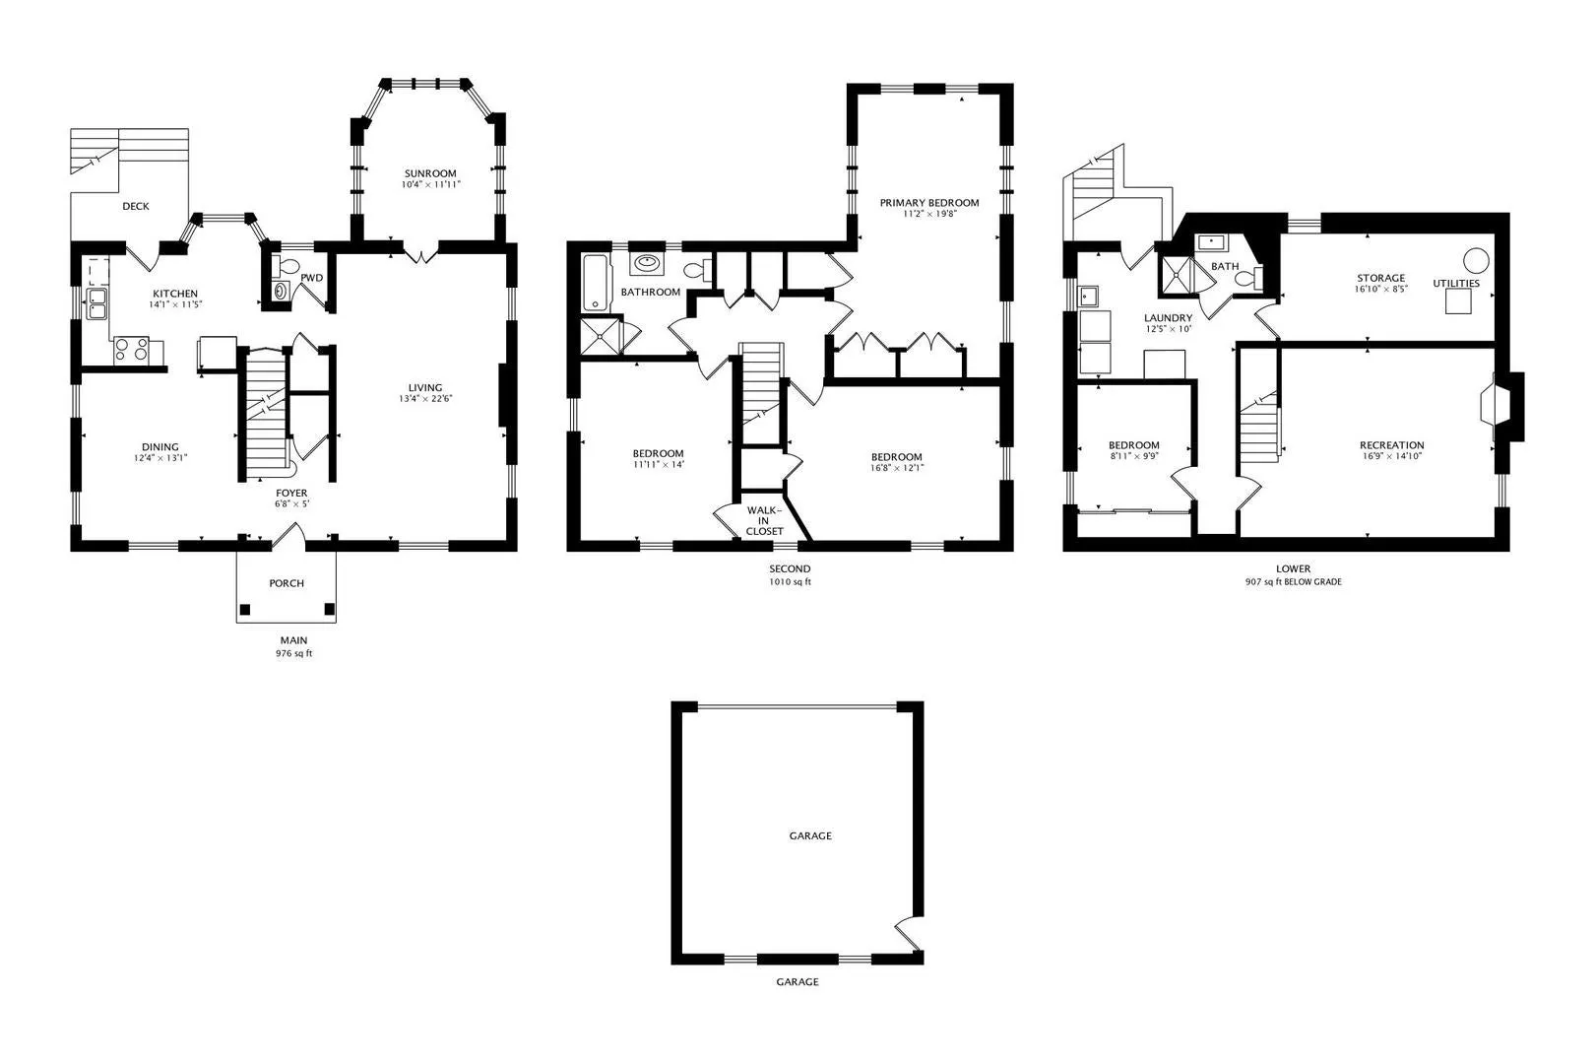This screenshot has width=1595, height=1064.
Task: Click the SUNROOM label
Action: (x=430, y=173)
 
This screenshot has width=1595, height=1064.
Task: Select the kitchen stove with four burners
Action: (x=132, y=351)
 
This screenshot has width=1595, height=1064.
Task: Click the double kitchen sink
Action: (x=96, y=303)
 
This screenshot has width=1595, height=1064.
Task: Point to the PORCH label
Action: (x=287, y=583)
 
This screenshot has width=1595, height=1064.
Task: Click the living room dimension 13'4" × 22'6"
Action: (x=425, y=399)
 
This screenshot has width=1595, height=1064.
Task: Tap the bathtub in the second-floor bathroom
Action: (x=597, y=283)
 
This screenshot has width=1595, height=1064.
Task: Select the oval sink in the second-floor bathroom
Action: (x=647, y=262)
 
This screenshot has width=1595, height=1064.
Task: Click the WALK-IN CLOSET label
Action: (x=764, y=521)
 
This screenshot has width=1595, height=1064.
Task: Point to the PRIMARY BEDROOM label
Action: (x=929, y=202)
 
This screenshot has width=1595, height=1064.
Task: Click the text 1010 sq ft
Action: (x=790, y=581)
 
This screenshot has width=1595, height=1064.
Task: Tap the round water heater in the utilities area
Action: (x=1476, y=260)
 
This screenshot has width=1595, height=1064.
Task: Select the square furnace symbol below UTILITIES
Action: (x=1458, y=301)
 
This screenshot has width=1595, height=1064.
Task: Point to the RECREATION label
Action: (x=1391, y=445)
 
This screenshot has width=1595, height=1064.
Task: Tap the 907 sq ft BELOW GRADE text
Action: (x=1293, y=581)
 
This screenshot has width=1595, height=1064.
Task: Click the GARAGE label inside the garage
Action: (x=810, y=835)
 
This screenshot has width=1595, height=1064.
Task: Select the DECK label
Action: (x=135, y=206)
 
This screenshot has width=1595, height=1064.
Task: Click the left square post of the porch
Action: (x=245, y=609)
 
